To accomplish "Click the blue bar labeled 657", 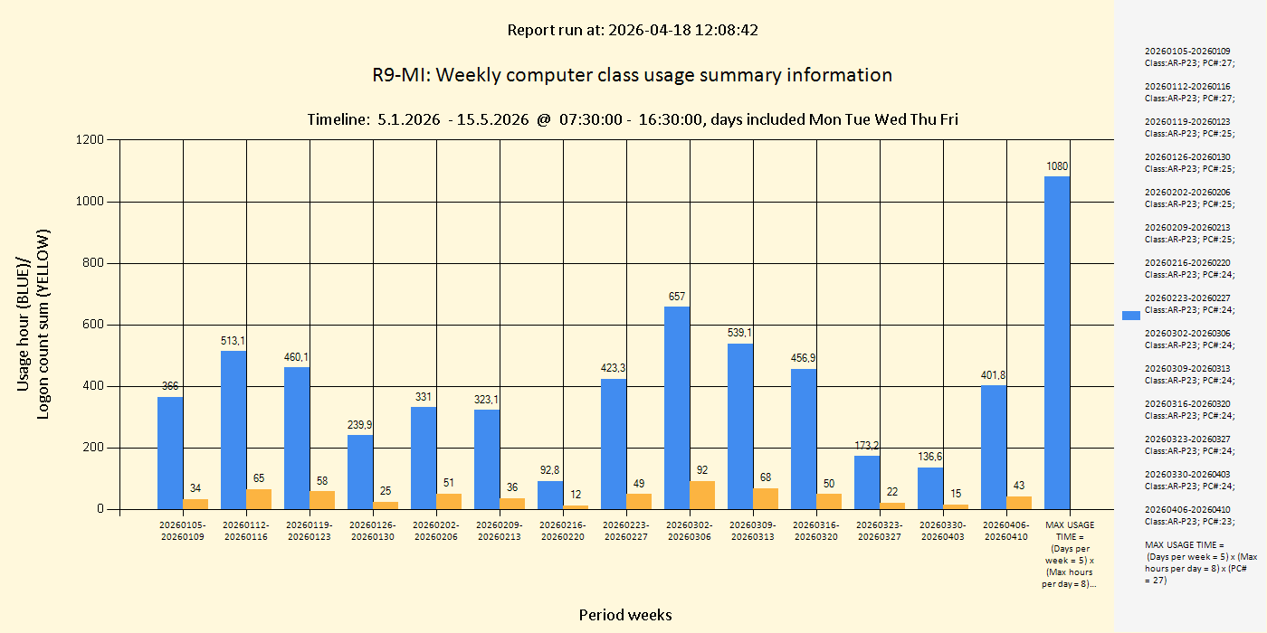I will [677, 408].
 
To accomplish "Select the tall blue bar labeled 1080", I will [1057, 343].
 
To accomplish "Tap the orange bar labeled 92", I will [702, 495].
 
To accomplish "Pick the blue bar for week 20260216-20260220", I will [550, 495].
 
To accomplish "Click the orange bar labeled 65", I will [259, 499].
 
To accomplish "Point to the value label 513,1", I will [233, 341].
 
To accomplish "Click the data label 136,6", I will [930, 457].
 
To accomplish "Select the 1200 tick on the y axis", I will [92, 140].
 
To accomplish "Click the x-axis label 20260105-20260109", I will [183, 531].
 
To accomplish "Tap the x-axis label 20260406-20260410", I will [1006, 531].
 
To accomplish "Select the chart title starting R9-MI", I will [633, 75].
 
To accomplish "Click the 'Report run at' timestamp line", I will [633, 30].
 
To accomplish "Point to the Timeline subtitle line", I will [633, 119].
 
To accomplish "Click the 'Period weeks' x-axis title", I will [625, 615].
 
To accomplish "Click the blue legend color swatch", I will [1131, 316].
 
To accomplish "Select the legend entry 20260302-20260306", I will [1187, 338].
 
